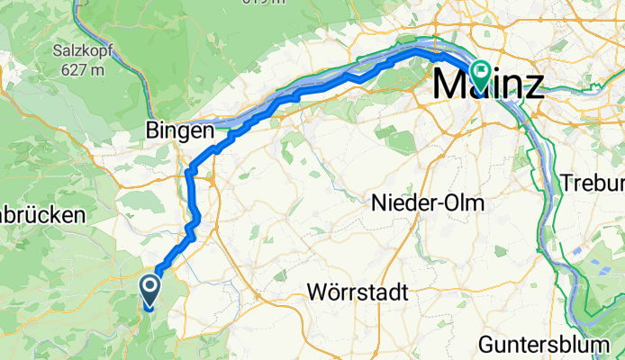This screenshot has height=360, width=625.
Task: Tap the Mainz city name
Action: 489,85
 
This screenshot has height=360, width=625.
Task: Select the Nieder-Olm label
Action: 427,204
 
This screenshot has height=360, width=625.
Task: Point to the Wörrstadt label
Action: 358,293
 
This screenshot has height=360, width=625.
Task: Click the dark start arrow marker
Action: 149,290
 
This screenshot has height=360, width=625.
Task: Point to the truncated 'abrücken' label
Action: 41,215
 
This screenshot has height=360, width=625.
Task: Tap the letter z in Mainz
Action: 534,86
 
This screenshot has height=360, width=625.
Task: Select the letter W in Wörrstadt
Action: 316,293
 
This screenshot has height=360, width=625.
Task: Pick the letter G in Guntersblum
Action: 486,345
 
